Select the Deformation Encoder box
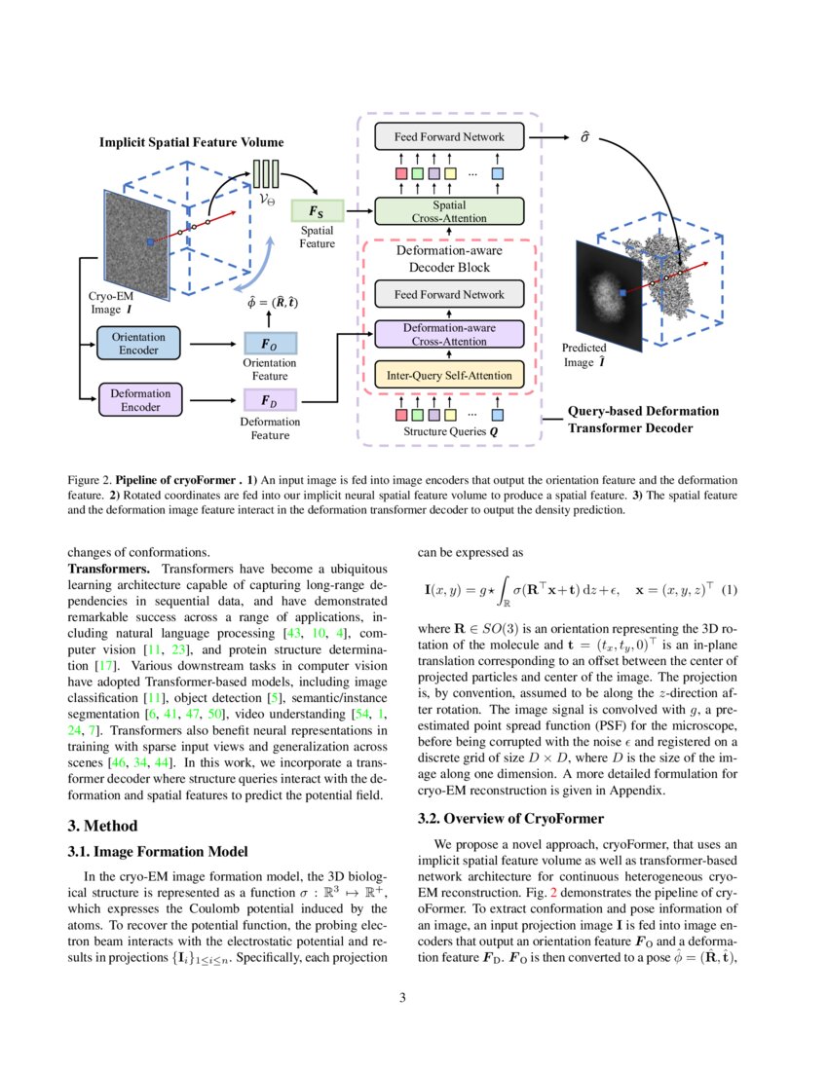click(x=141, y=400)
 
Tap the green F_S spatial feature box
click(x=319, y=210)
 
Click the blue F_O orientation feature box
click(x=274, y=344)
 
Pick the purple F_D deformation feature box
click(x=274, y=400)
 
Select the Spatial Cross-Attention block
click(x=449, y=211)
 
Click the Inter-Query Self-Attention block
click(x=449, y=373)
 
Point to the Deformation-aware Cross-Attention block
click(x=449, y=334)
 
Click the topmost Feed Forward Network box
click(x=449, y=136)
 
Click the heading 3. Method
click(x=103, y=826)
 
